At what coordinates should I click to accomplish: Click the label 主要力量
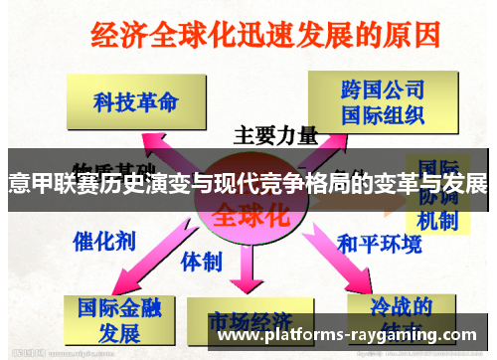[275, 134]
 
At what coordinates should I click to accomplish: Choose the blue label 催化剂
[100, 240]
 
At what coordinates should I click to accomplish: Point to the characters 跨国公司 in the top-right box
[375, 90]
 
